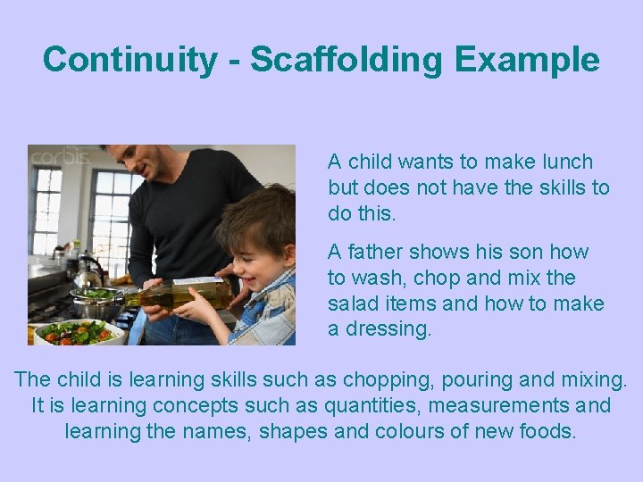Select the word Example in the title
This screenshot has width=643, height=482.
(x=526, y=60)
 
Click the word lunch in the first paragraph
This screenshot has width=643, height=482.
(x=566, y=162)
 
